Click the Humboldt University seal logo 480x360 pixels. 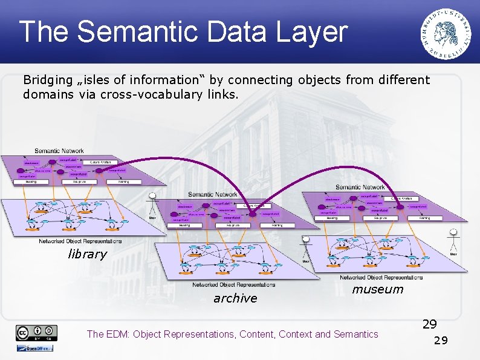(447, 34)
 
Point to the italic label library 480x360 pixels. (87, 254)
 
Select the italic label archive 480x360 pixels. (235, 298)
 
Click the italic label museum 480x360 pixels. (377, 289)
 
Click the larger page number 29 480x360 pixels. (429, 324)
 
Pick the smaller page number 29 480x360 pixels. (441, 341)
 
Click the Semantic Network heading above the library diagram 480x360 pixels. (59, 151)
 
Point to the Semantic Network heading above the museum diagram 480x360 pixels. (360, 188)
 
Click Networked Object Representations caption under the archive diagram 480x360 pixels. (234, 284)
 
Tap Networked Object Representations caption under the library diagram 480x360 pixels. (80, 241)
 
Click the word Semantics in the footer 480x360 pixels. (355, 334)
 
